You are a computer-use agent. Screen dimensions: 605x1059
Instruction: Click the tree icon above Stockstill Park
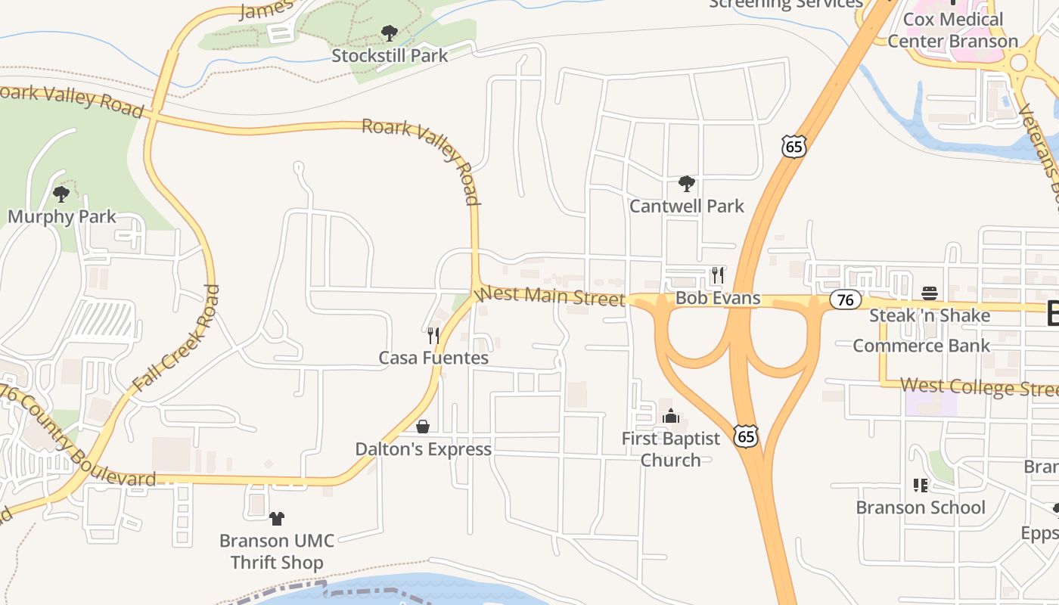pos(390,33)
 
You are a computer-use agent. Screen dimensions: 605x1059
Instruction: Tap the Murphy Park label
pos(62,217)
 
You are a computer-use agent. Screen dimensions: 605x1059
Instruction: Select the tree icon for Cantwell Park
pos(687,183)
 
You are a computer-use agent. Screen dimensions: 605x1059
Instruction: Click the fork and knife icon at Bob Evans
pos(718,275)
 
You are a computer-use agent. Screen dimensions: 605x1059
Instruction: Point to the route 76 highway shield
pos(845,299)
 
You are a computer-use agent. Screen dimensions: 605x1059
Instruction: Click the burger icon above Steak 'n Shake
pos(930,293)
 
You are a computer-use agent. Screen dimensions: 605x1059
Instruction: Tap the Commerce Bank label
pos(921,346)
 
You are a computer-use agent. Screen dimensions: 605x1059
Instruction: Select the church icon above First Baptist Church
pos(671,416)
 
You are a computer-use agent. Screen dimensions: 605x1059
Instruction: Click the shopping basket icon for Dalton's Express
pos(423,427)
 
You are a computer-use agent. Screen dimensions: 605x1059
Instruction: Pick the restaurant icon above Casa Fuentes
pos(433,335)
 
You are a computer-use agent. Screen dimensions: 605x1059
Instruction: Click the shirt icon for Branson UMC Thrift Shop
pos(277,519)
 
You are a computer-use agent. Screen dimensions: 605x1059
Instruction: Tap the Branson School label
pos(921,507)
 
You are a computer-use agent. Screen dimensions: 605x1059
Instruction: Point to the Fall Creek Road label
pos(175,337)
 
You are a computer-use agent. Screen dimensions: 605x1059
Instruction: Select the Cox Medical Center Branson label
pos(952,30)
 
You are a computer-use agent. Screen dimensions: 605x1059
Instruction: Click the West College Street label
pos(980,387)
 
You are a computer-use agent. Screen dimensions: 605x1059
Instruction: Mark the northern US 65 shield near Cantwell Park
pos(794,146)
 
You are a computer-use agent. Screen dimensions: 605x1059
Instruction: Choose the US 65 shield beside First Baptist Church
pos(746,435)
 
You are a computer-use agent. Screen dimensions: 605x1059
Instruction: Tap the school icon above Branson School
pos(921,485)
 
